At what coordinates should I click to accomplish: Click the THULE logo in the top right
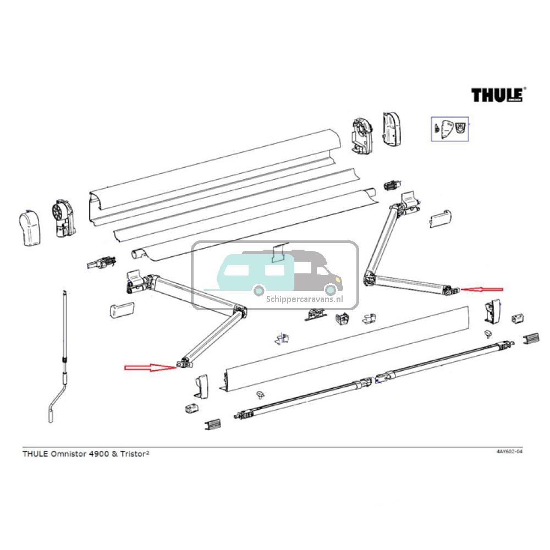coord(497,95)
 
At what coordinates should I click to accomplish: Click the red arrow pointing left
coord(482,289)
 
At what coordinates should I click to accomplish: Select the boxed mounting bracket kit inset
coord(449,129)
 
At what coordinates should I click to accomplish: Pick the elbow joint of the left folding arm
coord(240,311)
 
